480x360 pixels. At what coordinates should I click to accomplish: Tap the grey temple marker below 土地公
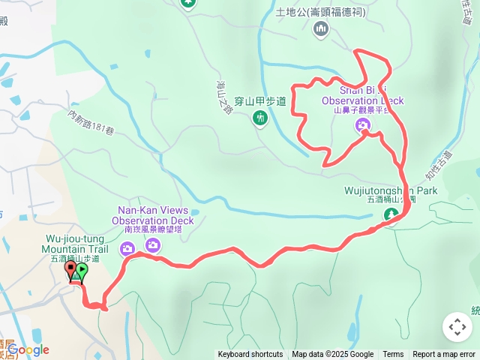(x=321, y=28)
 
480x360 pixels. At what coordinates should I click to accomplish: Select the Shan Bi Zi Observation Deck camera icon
(x=362, y=125)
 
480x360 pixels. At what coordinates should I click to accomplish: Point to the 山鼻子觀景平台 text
(x=362, y=110)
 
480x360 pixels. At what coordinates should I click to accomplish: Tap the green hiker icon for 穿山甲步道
(x=259, y=118)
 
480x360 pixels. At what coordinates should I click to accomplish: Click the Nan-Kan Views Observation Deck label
(x=153, y=215)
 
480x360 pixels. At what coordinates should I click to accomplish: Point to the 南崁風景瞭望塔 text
(x=153, y=230)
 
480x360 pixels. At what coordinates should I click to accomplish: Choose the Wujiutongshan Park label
(x=391, y=190)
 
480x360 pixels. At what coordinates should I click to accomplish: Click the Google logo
(x=28, y=349)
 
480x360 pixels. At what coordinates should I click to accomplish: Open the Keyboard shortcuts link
(x=250, y=355)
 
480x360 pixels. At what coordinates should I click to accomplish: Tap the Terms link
(x=393, y=355)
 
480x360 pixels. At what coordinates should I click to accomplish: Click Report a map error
(x=444, y=355)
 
